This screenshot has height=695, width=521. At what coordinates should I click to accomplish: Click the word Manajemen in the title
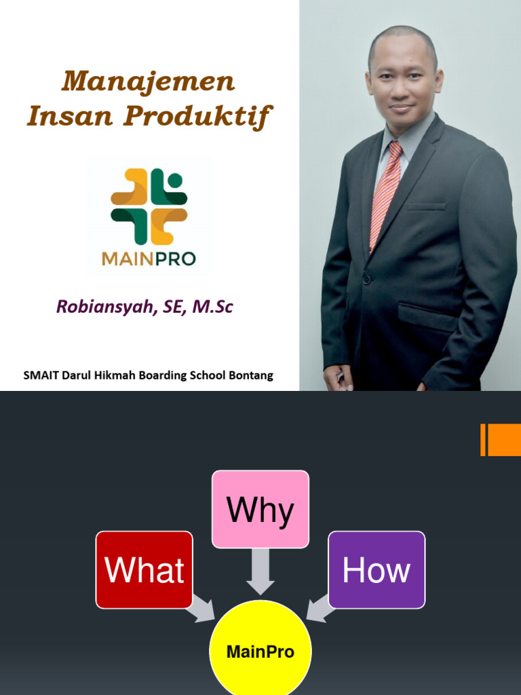coord(148,82)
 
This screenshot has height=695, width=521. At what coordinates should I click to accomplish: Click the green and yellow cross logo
coord(149,206)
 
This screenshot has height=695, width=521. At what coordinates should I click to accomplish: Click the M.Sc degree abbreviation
coord(213,307)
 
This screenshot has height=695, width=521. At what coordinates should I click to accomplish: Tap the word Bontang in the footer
coord(252,375)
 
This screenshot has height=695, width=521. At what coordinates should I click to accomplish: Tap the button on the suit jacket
coord(366,279)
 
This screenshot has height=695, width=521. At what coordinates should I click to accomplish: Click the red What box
coord(144,569)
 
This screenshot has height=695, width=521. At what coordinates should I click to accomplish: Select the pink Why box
coord(260,509)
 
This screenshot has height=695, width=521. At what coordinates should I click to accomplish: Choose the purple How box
coord(377,569)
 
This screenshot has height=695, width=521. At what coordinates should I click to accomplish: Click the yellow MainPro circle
coord(260,652)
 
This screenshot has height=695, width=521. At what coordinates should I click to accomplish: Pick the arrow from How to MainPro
coord(320,608)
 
